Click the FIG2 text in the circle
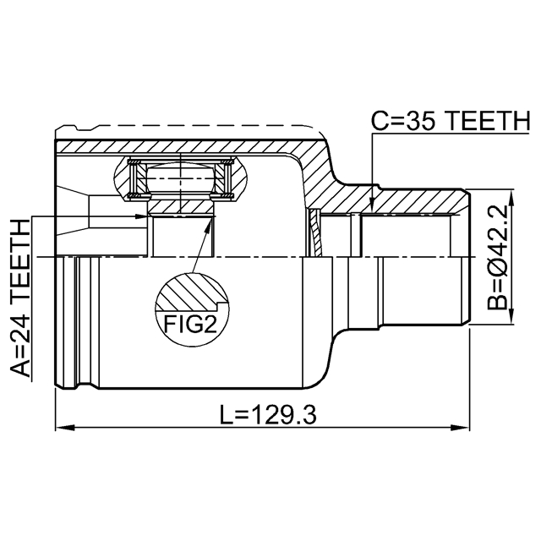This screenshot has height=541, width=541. (x=191, y=324)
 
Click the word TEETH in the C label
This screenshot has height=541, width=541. (x=487, y=121)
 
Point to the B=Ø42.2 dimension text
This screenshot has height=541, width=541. (x=497, y=257)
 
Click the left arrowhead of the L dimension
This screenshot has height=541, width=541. (x=66, y=428)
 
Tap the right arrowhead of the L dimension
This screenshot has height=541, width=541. (x=460, y=428)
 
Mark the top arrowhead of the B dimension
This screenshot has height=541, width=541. (x=511, y=199)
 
